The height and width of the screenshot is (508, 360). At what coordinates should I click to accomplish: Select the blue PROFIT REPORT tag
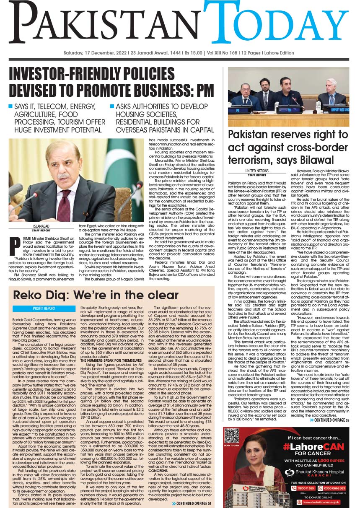click(44, 308)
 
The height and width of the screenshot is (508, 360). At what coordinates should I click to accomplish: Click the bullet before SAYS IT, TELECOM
click(11, 106)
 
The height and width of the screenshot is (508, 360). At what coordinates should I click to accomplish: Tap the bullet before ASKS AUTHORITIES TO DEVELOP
click(112, 106)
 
